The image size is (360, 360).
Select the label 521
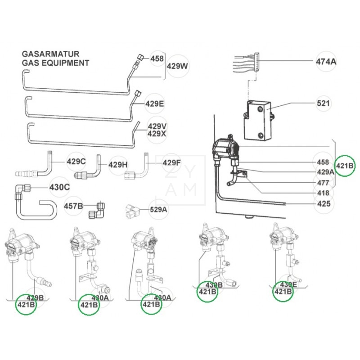click(x=323, y=103)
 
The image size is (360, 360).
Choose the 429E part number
click(x=154, y=104)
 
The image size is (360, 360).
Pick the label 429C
click(x=76, y=162)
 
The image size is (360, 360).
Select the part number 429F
click(x=171, y=162)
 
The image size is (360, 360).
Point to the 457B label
click(x=73, y=206)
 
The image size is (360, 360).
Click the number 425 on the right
click(x=323, y=204)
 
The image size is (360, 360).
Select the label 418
click(x=323, y=193)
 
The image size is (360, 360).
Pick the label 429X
click(x=157, y=134)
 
